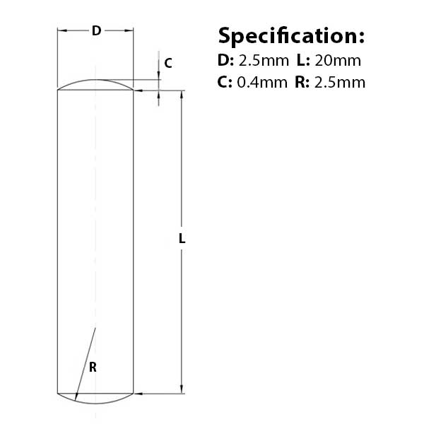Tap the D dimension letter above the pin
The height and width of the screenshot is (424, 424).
coord(97,30)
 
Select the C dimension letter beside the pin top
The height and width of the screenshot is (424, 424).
coord(168,64)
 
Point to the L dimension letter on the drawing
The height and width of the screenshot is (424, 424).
coord(182,239)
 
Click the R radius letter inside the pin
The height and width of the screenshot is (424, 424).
coord(93,367)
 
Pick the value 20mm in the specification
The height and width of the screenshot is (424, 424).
coord(338,60)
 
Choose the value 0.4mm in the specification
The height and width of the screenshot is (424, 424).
coord(262,82)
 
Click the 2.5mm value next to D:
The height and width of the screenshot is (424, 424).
coord(264,61)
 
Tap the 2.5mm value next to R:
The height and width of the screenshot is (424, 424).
coord(340,82)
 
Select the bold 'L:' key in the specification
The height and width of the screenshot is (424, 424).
coord(303,60)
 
